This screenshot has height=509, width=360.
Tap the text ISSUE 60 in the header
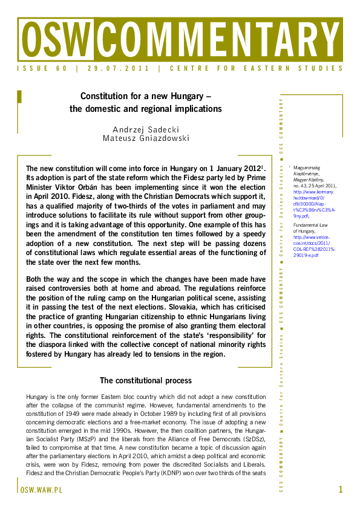point(42,69)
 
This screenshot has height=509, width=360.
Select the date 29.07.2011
point(117,69)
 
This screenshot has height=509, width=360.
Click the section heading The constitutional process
point(145,381)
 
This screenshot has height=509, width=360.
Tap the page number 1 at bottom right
point(341,490)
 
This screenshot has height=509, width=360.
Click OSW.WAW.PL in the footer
point(42,490)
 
